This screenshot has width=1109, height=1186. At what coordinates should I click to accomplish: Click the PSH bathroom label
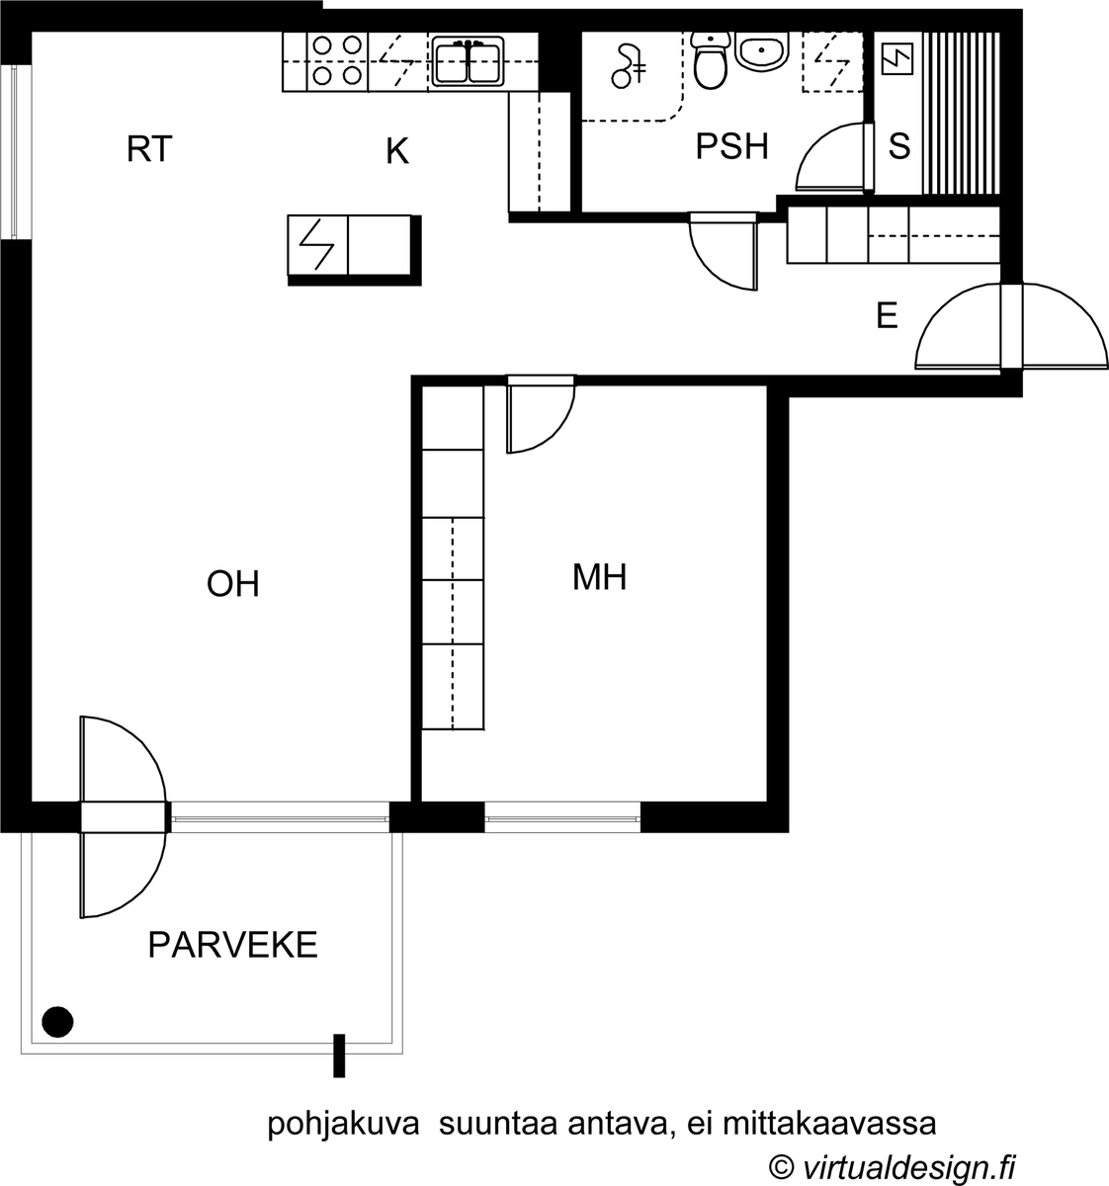click(x=732, y=147)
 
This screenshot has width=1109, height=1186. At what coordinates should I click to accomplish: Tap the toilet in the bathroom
click(x=711, y=60)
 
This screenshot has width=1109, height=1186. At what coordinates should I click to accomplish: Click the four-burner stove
click(x=337, y=61)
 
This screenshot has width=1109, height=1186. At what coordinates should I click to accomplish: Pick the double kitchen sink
click(x=469, y=61)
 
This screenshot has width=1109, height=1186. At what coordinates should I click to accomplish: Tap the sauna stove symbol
click(x=896, y=58)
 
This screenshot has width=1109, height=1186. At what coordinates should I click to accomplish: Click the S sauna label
click(x=899, y=145)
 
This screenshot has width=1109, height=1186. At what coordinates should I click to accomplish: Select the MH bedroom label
click(x=599, y=577)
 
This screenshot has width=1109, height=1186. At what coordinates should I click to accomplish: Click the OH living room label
click(x=233, y=584)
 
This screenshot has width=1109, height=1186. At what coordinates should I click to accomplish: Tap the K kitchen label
click(x=397, y=151)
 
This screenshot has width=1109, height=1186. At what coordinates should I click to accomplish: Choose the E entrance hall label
click(x=887, y=315)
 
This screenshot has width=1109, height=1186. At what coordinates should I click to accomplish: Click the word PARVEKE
click(x=232, y=945)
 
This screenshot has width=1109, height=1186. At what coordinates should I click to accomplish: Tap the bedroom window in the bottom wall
click(x=562, y=817)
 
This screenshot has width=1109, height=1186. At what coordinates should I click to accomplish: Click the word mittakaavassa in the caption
click(x=829, y=1124)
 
